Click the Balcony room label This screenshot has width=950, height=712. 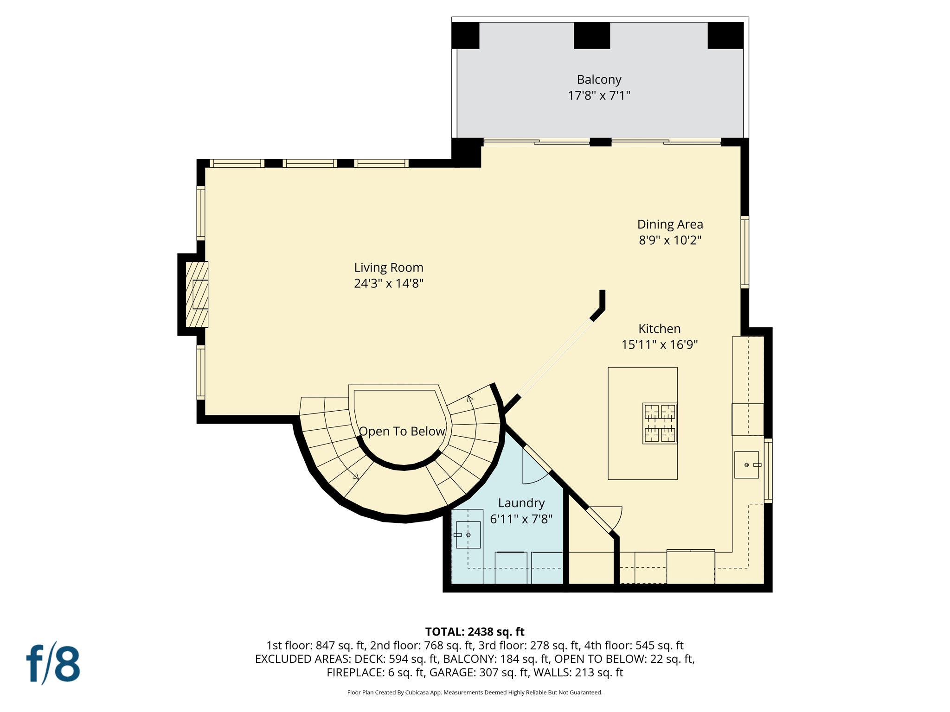[x=599, y=80]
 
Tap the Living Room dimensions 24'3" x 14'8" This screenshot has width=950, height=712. [x=389, y=283]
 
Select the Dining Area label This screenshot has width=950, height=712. [x=670, y=224]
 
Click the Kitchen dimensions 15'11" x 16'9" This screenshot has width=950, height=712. [x=659, y=344]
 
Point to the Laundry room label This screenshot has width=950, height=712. [x=521, y=503]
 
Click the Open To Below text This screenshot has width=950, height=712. [x=402, y=431]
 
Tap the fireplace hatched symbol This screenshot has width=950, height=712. [x=197, y=294]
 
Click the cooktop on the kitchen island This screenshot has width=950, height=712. [x=659, y=423]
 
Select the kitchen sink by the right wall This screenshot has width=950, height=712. [x=746, y=464]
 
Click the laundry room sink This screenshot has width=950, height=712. [x=468, y=534]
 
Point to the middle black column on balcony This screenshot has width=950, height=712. [x=592, y=35]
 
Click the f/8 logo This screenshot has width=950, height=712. [x=53, y=663]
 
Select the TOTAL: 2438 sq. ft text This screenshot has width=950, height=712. [x=475, y=632]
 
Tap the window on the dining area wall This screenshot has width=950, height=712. [x=745, y=252]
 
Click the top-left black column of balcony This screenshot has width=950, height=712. [x=465, y=35]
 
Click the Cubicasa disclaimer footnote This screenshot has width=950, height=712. [x=475, y=693]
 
